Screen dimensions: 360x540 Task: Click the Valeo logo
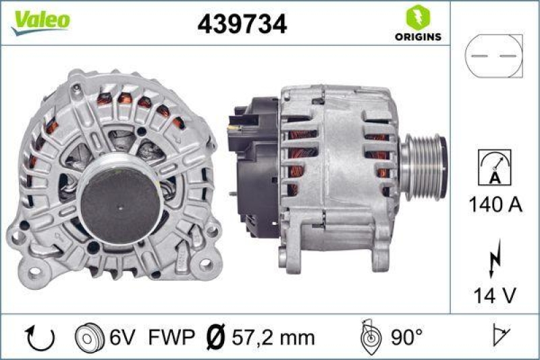[x=40, y=20]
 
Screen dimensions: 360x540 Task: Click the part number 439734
[x=242, y=24]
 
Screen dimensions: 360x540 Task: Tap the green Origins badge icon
[x=414, y=17]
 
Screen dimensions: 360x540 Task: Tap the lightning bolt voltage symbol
[x=494, y=258]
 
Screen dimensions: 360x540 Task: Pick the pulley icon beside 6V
[x=89, y=337]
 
